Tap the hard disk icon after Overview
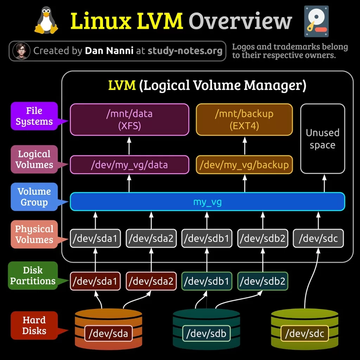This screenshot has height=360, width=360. click(x=315, y=21)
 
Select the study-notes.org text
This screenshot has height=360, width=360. click(x=185, y=51)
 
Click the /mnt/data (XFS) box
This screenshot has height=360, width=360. click(x=129, y=120)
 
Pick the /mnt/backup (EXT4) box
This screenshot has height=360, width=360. click(x=244, y=120)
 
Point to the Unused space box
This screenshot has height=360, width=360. click(x=322, y=139)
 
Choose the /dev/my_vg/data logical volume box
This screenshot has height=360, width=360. click(x=129, y=165)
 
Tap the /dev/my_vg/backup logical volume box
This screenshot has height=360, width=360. click(x=244, y=165)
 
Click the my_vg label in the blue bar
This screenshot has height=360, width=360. click(x=207, y=202)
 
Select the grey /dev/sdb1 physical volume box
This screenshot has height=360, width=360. click(x=207, y=239)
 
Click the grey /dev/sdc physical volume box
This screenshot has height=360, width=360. click(x=318, y=239)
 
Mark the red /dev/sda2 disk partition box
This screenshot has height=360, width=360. click(x=151, y=281)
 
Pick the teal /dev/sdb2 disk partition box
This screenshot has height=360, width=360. click(x=263, y=281)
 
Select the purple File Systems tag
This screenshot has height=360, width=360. click(x=34, y=116)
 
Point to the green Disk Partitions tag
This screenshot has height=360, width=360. click(x=33, y=276)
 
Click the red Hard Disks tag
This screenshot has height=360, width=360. click(x=34, y=326)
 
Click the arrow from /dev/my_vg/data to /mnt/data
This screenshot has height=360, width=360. click(x=129, y=146)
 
